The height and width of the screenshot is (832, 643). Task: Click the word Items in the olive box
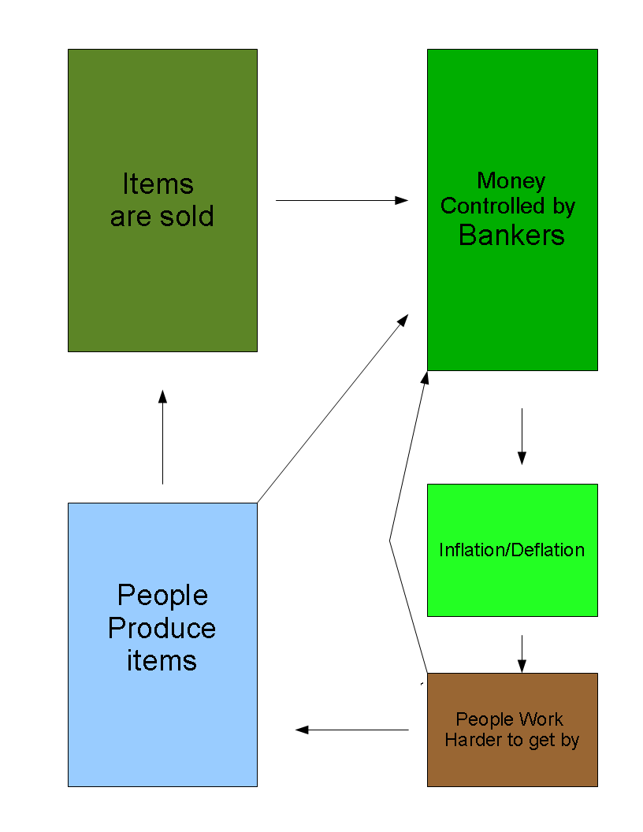pyautogui.click(x=158, y=184)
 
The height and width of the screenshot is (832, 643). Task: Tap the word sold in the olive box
pyautogui.click(x=188, y=216)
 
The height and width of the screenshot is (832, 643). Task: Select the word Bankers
pyautogui.click(x=511, y=235)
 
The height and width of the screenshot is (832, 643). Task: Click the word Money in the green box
pyautogui.click(x=511, y=180)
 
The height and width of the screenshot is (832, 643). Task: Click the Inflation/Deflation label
pyautogui.click(x=511, y=549)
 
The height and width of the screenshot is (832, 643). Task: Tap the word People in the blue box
pyautogui.click(x=162, y=595)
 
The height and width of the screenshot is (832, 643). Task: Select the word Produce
pyautogui.click(x=162, y=628)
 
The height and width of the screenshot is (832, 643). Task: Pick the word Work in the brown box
pyautogui.click(x=540, y=719)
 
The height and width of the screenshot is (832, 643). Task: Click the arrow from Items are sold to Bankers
pyautogui.click(x=341, y=200)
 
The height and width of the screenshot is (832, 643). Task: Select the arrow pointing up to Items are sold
pyautogui.click(x=162, y=437)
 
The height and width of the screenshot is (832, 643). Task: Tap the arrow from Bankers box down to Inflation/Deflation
pyautogui.click(x=521, y=436)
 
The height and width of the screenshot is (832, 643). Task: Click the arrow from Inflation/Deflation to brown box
pyautogui.click(x=521, y=653)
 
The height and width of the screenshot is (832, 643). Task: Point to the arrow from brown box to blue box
pyautogui.click(x=352, y=730)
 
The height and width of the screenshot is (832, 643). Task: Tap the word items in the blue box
pyautogui.click(x=162, y=660)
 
